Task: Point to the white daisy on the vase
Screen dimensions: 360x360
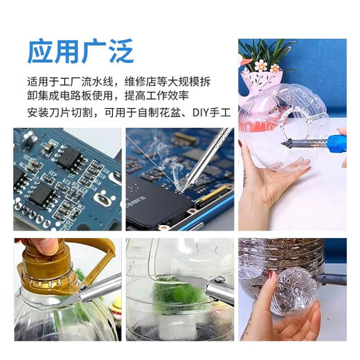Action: coord(260,66)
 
